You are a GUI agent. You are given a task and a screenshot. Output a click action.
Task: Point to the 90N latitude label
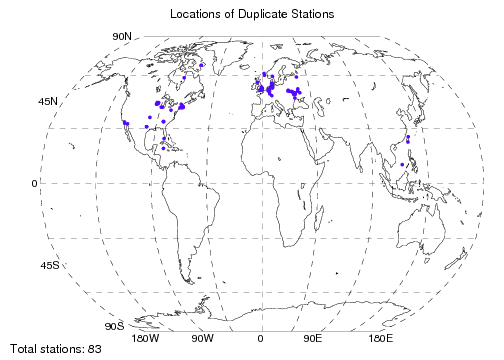(x=121, y=36)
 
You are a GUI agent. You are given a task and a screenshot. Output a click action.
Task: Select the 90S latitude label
(x=114, y=326)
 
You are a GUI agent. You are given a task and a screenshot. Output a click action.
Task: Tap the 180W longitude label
(x=146, y=339)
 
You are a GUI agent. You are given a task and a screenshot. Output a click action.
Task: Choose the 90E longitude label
(x=313, y=339)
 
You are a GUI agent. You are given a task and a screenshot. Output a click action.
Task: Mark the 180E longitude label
(x=379, y=339)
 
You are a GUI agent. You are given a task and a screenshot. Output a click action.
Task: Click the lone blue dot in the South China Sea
(x=401, y=164)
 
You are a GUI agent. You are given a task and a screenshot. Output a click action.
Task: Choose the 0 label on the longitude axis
(x=260, y=339)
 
